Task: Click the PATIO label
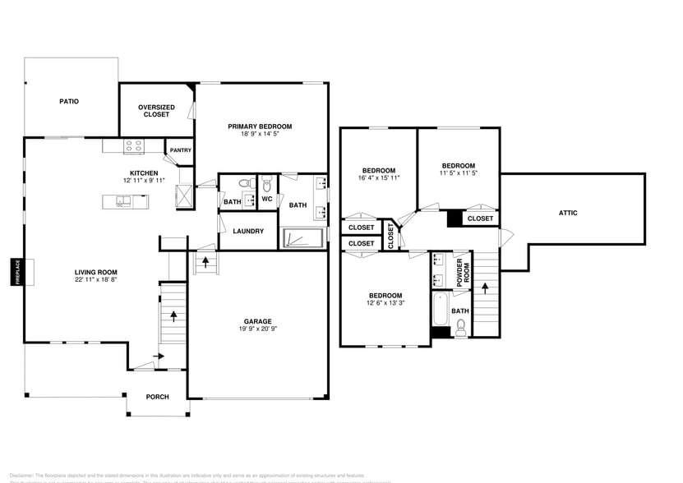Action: (x=68, y=102)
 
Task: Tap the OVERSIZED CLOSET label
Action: (x=156, y=111)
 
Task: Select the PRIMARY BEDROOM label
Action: (x=260, y=126)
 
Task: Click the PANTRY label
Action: (x=180, y=150)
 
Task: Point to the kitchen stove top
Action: (x=133, y=146)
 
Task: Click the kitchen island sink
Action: (x=123, y=200)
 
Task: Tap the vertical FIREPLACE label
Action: (x=16, y=273)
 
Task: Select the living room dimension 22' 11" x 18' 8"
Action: (x=96, y=280)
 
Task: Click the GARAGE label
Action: (x=257, y=321)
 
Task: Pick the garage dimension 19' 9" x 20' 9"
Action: (x=257, y=329)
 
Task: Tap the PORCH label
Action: (x=157, y=397)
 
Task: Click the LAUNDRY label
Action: (x=248, y=232)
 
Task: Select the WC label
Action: (x=267, y=199)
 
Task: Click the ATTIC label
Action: (x=568, y=213)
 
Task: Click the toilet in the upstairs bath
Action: (x=460, y=326)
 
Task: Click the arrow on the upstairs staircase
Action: (x=486, y=288)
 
